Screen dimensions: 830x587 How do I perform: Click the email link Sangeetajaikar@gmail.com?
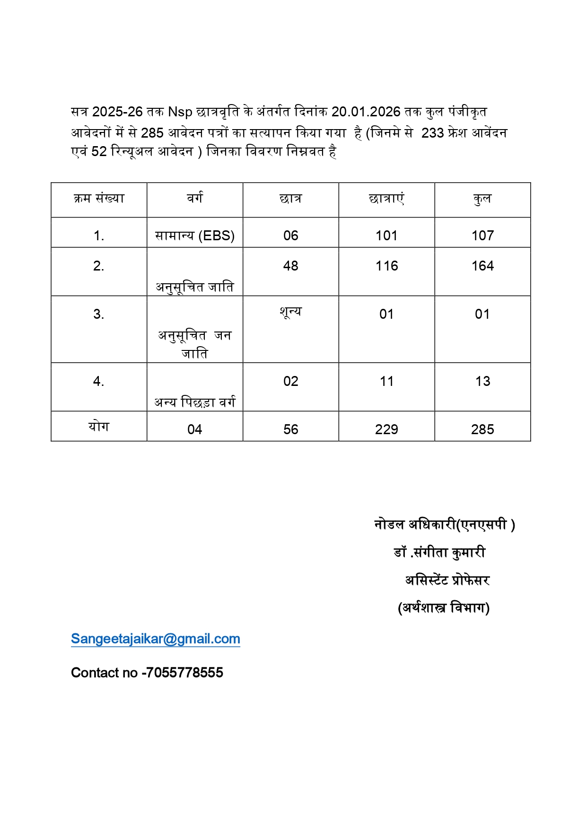[155, 639]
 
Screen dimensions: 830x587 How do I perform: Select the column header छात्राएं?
[386, 199]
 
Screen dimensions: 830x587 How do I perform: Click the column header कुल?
[482, 199]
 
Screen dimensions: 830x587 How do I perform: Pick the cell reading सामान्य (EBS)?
[195, 236]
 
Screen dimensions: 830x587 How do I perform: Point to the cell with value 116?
[386, 266]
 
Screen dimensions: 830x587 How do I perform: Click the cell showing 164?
[482, 266]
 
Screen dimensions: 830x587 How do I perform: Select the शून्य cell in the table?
[290, 312]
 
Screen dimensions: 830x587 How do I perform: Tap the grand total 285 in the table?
[482, 429]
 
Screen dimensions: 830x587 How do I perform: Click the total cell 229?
[386, 429]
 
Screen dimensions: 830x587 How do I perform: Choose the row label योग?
[98, 427]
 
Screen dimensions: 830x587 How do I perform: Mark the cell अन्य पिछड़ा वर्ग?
[195, 402]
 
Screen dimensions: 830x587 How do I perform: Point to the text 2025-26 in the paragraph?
[117, 112]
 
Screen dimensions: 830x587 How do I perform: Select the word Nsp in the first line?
[180, 112]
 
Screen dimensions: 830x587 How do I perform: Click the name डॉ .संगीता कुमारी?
[439, 552]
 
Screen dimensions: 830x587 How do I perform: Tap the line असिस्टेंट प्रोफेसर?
[447, 580]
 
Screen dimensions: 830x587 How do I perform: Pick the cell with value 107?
[482, 236]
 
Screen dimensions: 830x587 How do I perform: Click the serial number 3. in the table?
[98, 314]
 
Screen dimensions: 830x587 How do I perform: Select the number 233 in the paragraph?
[432, 133]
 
